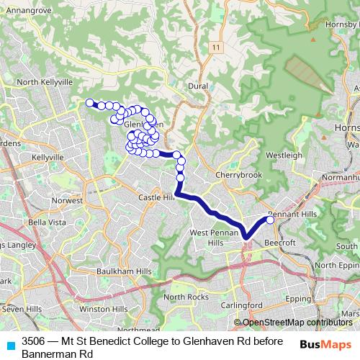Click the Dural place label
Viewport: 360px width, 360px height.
197,85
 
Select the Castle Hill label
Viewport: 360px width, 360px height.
156,197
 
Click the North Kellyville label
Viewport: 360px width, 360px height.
45,83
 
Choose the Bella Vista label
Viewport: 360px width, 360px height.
47,222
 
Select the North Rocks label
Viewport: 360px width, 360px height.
186,297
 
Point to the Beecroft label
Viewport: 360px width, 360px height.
281,243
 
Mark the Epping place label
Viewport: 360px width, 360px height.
298,297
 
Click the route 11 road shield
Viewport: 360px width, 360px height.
215,48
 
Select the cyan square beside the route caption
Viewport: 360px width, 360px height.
10,344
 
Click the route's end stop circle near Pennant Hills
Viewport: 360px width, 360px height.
271,220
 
